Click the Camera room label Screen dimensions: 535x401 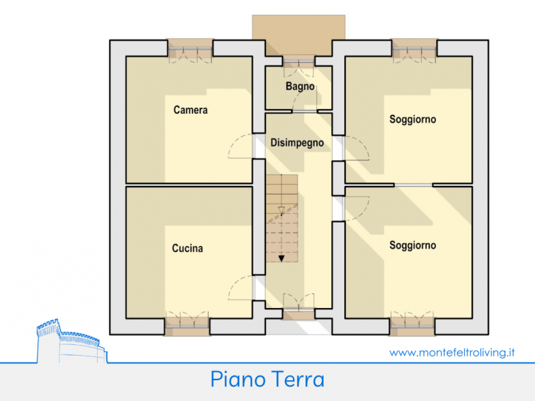click(191, 110)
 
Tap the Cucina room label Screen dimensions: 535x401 click(187, 249)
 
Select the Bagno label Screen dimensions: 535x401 click(300, 87)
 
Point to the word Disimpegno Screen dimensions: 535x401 click(298, 142)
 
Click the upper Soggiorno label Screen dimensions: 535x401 click(413, 120)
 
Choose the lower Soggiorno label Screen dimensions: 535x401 click(413, 245)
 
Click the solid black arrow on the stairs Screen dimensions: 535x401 click(282, 257)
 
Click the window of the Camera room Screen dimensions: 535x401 click(190, 51)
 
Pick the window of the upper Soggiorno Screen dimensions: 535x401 click(414, 51)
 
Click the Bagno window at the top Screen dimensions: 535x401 click(298, 60)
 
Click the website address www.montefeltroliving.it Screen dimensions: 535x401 click(451, 352)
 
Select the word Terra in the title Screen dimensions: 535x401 click(298, 380)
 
